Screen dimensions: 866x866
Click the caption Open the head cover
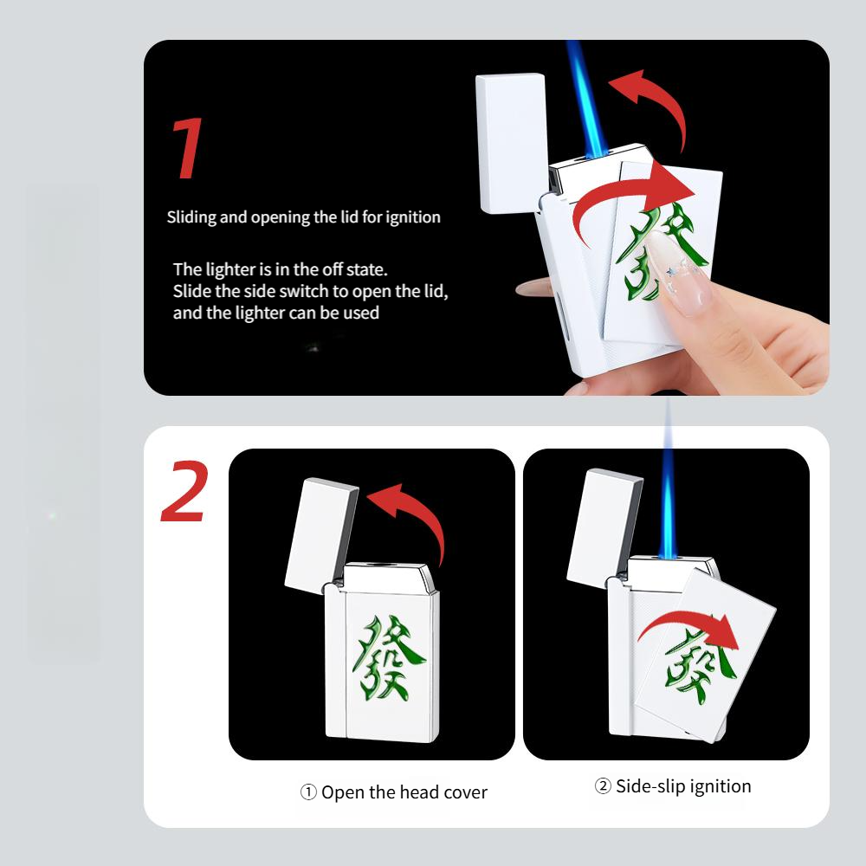pyautogui.click(x=394, y=792)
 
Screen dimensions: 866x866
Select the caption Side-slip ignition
pyautogui.click(x=673, y=786)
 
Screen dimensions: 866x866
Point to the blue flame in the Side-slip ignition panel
pyautogui.click(x=668, y=511)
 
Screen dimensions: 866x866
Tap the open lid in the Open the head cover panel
pyautogui.click(x=321, y=535)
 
